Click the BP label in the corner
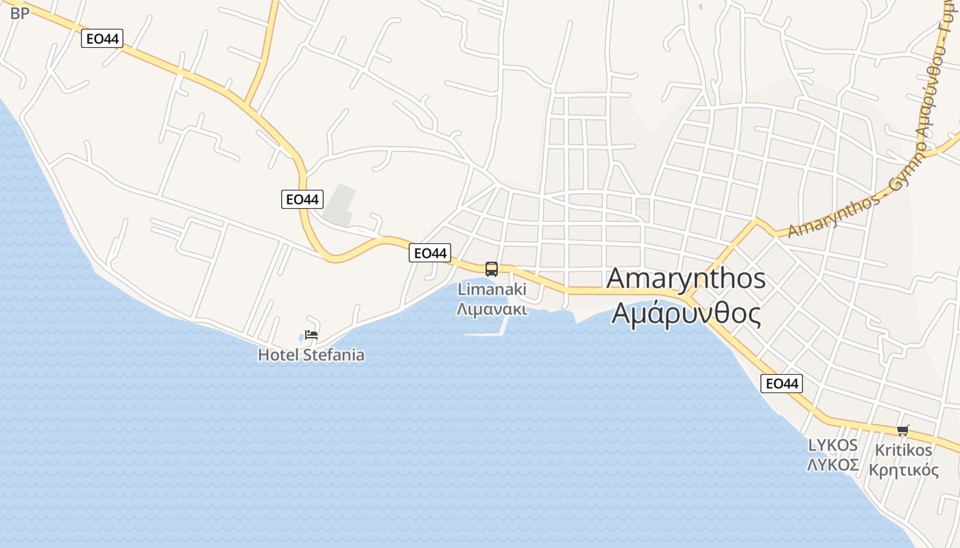[20, 12]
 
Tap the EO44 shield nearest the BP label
[101, 39]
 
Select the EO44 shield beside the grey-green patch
[302, 199]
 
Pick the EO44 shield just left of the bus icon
[430, 253]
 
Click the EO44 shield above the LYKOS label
[781, 384]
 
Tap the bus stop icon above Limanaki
[491, 269]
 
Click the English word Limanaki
[492, 289]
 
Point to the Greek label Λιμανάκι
[492, 309]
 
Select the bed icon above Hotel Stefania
[311, 335]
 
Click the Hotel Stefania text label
[311, 355]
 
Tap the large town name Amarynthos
[686, 279]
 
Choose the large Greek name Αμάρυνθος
[686, 313]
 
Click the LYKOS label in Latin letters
[833, 445]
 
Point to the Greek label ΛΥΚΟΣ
[833, 465]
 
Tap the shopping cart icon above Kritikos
[903, 430]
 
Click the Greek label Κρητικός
[903, 470]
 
